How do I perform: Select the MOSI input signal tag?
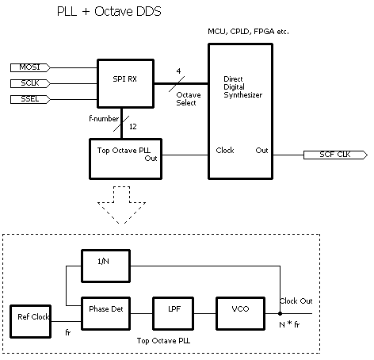29,67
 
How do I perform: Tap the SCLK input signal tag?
29,83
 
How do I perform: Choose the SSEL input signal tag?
29,99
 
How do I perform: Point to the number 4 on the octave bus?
179,71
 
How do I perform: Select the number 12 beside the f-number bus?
132,126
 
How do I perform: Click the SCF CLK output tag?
331,155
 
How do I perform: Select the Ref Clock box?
29,317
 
